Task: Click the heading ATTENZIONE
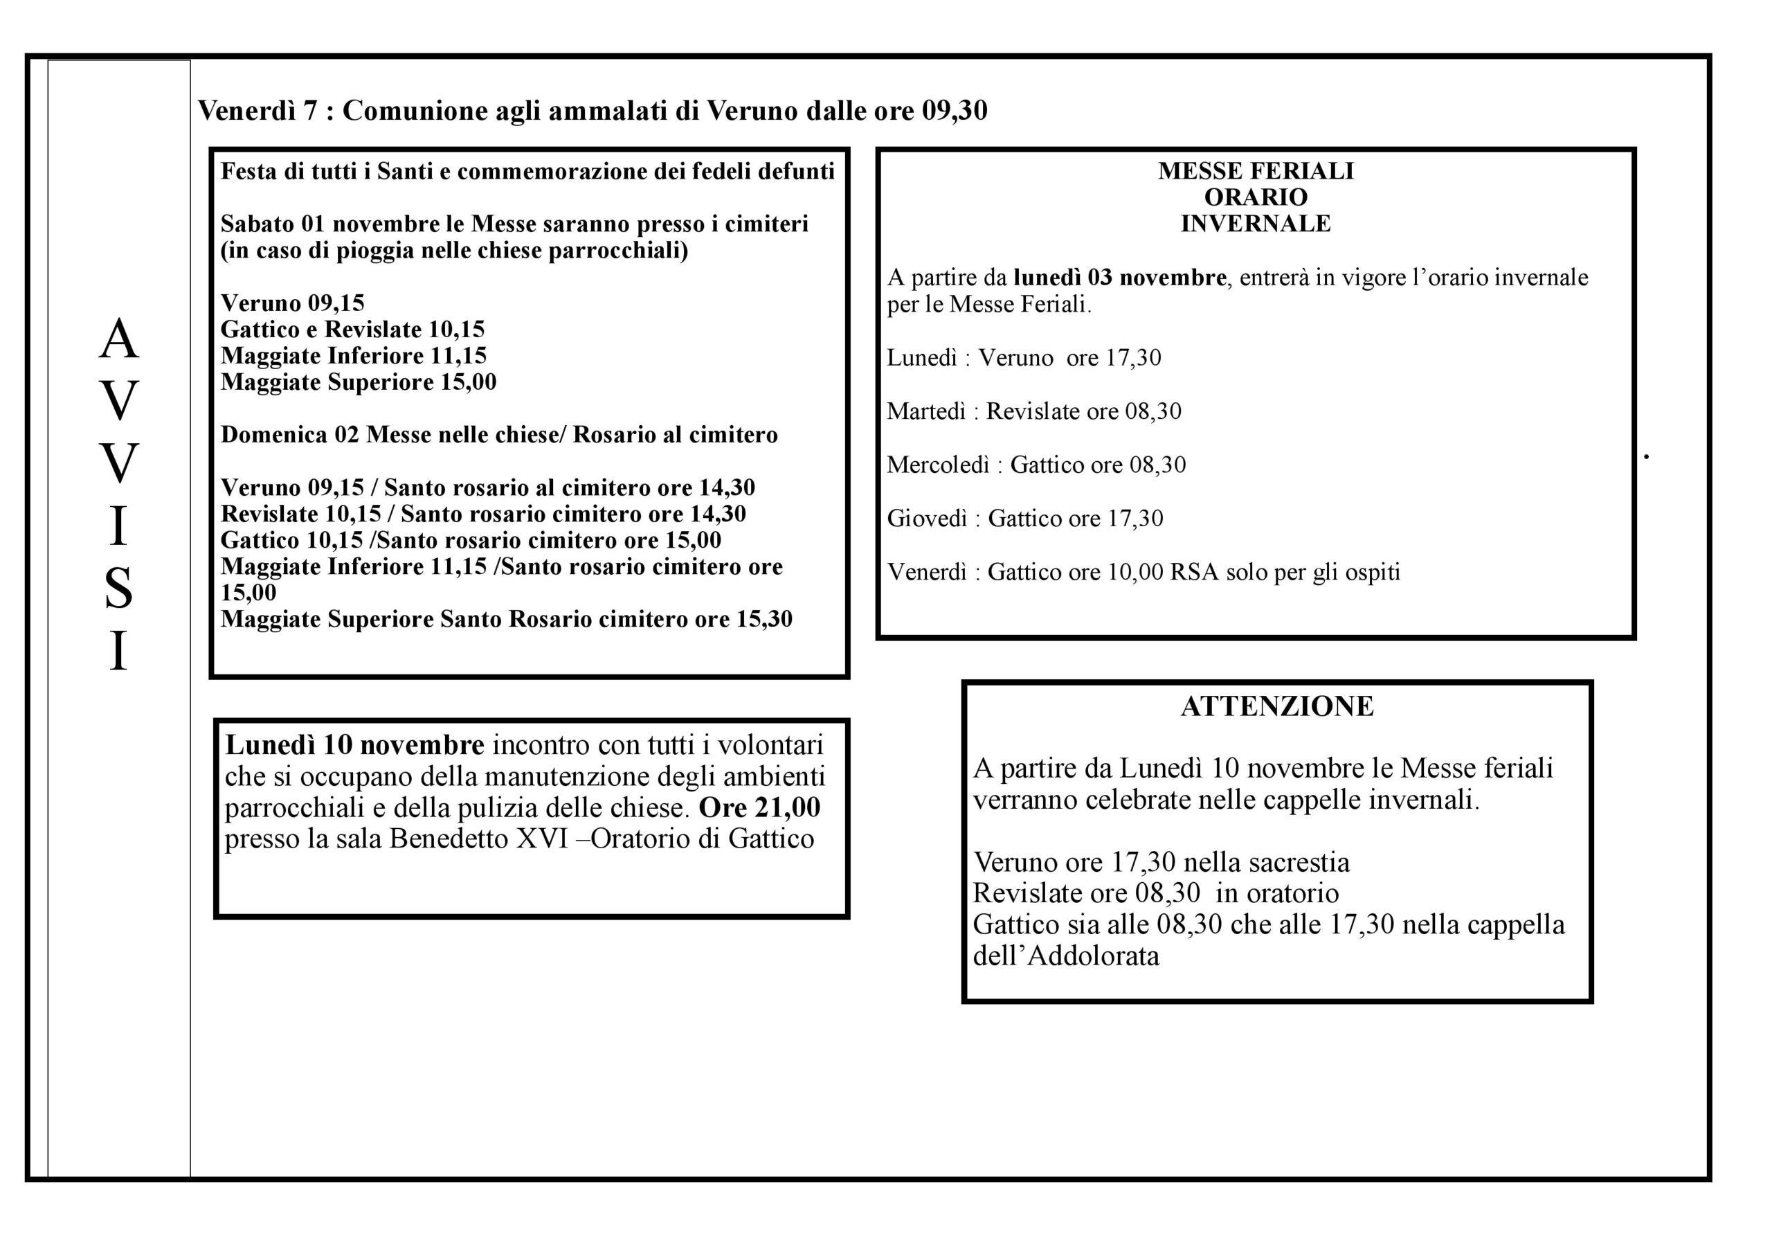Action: pos(1276,706)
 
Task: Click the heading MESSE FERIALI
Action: pos(1256,170)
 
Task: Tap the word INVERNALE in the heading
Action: pos(1256,224)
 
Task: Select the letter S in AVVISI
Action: pos(119,589)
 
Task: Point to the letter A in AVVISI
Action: pos(119,339)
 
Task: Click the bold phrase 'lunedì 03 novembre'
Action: pos(1120,277)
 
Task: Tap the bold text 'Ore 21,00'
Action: pos(759,807)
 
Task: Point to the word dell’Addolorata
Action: pos(1066,957)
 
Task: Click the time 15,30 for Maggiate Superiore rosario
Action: pos(764,619)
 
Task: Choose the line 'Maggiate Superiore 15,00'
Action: pos(359,382)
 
